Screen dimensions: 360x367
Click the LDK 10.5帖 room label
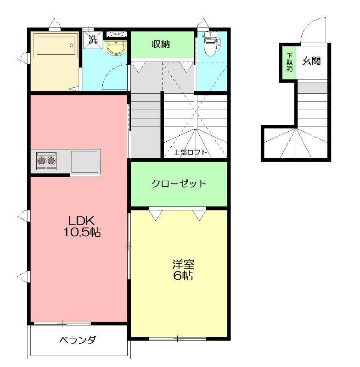pos(82,226)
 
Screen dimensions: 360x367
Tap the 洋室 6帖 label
pos(183,270)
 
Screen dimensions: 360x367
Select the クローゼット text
pos(179,183)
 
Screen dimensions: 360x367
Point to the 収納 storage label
pos(161,44)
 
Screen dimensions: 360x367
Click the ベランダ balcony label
pos(78,340)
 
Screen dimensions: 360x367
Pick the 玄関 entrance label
pos(311,61)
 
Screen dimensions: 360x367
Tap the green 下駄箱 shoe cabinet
pos(289,63)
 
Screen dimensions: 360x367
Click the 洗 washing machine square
pos(93,39)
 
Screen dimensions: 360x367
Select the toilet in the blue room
pos(212,44)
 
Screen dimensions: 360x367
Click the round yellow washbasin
pos(116,48)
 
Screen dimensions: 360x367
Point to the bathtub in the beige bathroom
pos(55,45)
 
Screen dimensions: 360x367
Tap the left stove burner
pos(42,161)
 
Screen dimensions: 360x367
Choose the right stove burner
pos(51,161)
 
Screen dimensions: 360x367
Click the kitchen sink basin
pos(85,161)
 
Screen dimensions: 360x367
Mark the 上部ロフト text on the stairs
pos(190,153)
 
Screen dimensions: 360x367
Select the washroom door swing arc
pos(111,74)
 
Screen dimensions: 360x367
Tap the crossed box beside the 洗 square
pos(117,34)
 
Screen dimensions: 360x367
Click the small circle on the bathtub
pos(72,45)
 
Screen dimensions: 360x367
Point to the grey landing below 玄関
pos(312,88)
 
